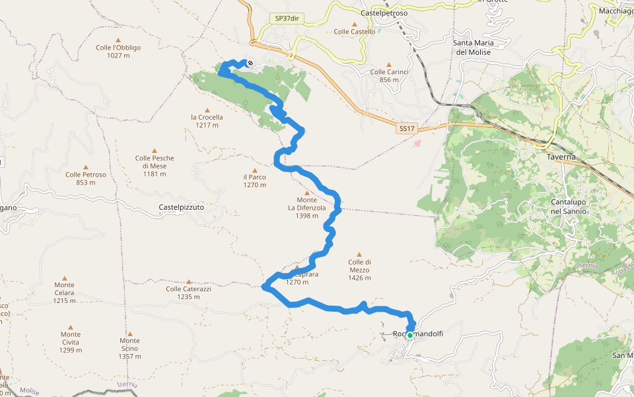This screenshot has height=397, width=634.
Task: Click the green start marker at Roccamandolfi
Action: [x=409, y=335]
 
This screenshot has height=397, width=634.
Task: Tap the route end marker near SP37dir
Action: [x=250, y=64]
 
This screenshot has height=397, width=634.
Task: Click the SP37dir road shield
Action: [x=287, y=19]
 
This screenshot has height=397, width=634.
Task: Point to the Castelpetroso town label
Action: [x=384, y=13]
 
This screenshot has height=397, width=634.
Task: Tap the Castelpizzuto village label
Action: [x=182, y=207]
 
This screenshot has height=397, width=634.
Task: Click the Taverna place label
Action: [x=561, y=157]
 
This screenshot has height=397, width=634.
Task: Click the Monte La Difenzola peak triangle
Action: [x=306, y=193]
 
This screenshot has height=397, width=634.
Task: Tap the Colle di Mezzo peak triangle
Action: [x=359, y=254]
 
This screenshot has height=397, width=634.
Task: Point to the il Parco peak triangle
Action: [x=254, y=170]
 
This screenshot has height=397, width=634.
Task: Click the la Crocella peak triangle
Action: [x=207, y=110]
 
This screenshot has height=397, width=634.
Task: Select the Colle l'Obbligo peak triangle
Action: [x=118, y=40]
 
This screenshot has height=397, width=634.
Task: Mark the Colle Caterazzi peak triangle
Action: [x=188, y=282]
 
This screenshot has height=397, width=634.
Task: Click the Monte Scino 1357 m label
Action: [x=129, y=352]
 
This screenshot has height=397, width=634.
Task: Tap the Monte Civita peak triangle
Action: [x=71, y=327]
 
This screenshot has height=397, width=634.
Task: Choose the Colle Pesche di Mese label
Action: [x=155, y=166]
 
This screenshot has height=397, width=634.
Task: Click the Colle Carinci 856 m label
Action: [x=386, y=76]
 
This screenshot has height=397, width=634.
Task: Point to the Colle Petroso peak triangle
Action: [x=86, y=167]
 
